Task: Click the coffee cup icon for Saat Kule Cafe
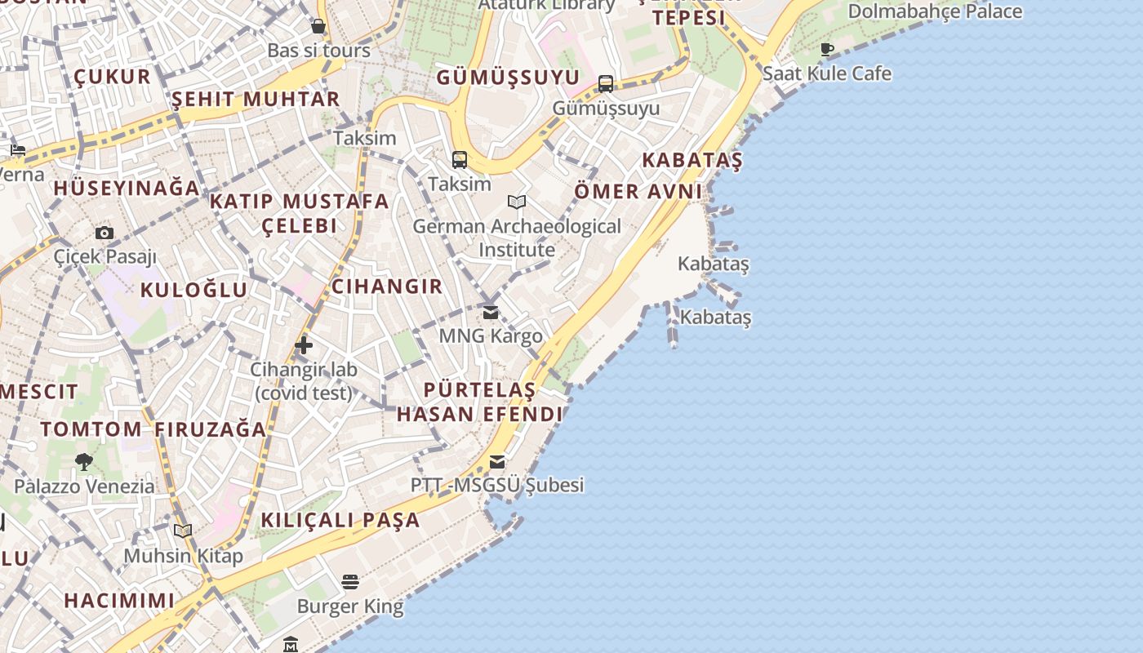tap(827, 49)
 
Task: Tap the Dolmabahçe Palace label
tap(935, 11)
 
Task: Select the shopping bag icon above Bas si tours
tap(318, 27)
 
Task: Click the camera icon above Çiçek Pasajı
tap(104, 233)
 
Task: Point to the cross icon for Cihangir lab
tap(304, 345)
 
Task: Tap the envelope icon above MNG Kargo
tap(491, 313)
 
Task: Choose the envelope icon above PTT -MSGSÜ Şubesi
tap(497, 462)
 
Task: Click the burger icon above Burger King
tap(350, 582)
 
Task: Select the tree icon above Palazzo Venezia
tap(83, 462)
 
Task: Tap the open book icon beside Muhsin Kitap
tap(183, 531)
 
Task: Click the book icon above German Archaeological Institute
tap(517, 202)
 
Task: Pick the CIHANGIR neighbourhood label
tap(387, 287)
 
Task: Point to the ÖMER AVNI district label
tap(638, 192)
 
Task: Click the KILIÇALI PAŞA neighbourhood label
tap(340, 520)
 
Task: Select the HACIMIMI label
tap(119, 601)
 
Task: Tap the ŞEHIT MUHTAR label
tap(256, 100)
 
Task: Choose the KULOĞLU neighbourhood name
tap(193, 290)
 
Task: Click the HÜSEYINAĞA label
tap(127, 188)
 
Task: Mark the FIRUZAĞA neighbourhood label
tap(211, 429)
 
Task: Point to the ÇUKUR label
tap(113, 77)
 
